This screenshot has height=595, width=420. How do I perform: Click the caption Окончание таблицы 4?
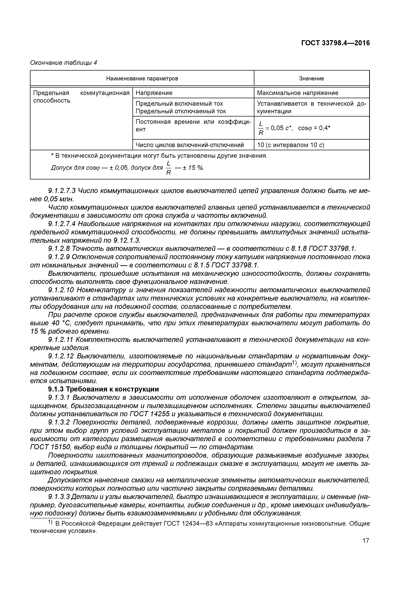(63, 63)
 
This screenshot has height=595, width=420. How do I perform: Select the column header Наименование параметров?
(142, 79)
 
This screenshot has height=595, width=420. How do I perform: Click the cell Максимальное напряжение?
(298, 93)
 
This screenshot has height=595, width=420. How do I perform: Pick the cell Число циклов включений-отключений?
(190, 145)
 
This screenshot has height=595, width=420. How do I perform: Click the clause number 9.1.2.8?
(59, 248)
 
